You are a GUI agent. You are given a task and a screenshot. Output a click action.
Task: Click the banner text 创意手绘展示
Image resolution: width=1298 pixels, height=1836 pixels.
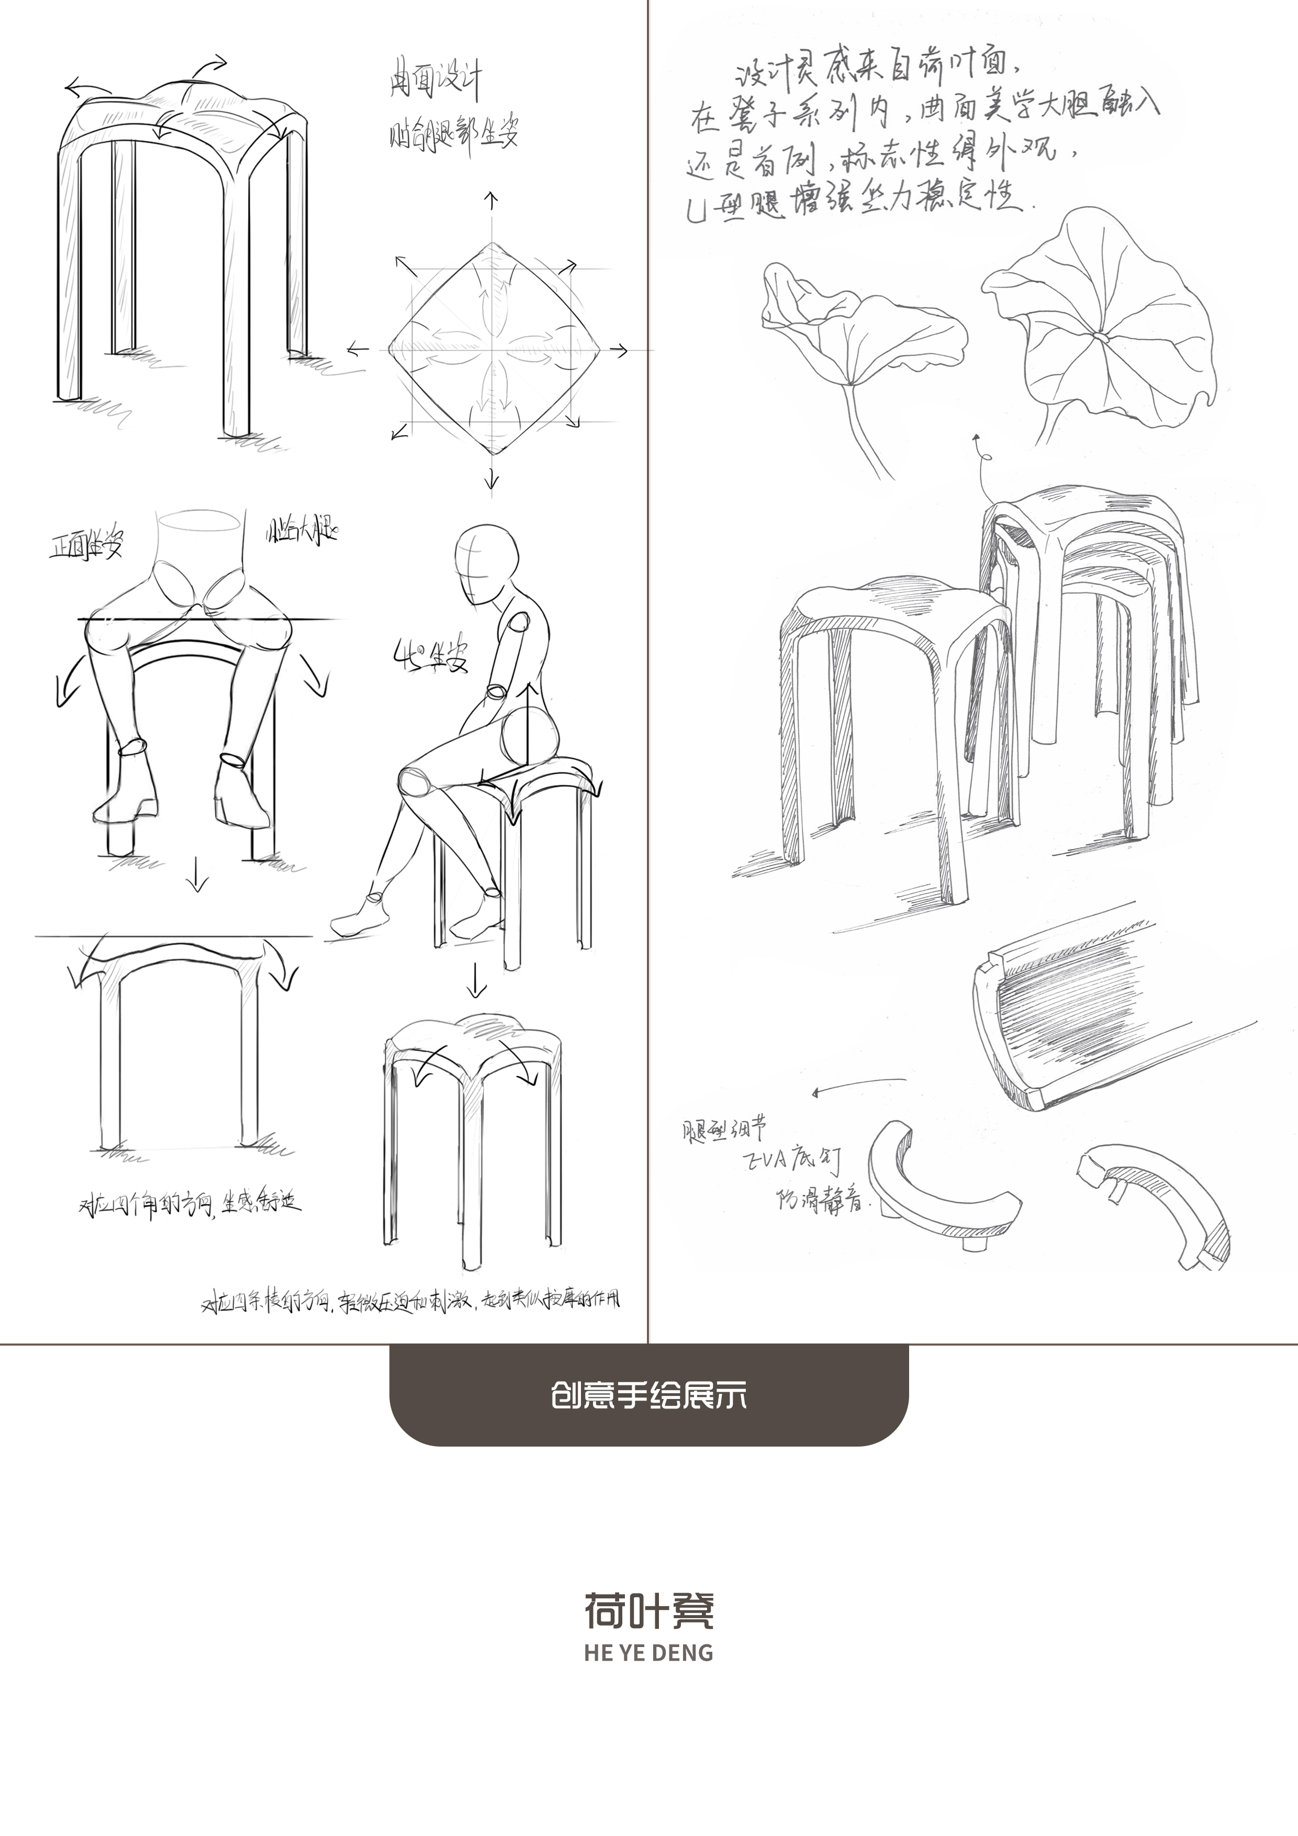click(648, 1395)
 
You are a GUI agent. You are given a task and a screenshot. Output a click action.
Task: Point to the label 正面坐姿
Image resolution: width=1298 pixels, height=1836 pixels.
click(86, 546)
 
